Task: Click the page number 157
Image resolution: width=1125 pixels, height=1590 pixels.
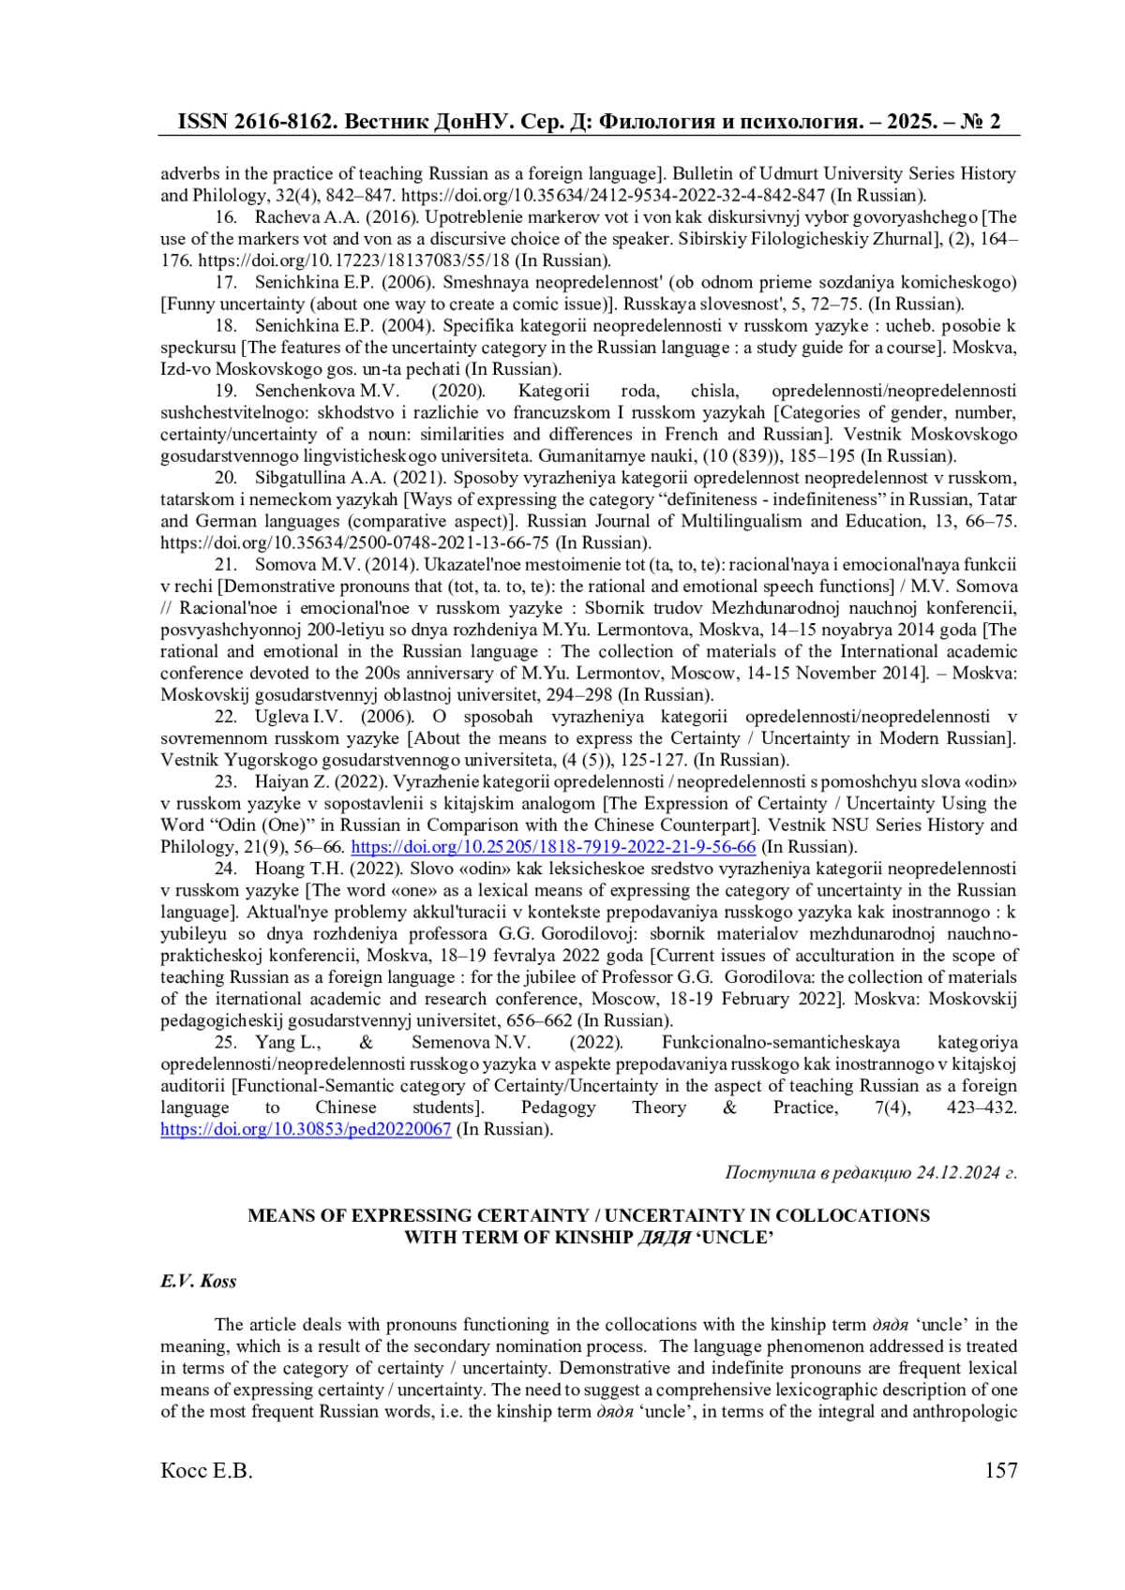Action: [1000, 1471]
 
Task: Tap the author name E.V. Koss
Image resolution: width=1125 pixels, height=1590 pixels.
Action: [198, 1281]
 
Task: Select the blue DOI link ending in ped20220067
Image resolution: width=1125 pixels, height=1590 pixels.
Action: [306, 1129]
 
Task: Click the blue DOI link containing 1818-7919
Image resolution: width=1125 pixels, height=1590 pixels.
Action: [553, 847]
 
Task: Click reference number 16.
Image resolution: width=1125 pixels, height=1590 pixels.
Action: [225, 217]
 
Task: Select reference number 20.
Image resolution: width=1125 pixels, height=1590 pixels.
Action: [225, 478]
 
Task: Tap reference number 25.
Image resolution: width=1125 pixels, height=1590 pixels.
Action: [225, 1042]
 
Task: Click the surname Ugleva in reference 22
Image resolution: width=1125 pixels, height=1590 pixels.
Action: [278, 717]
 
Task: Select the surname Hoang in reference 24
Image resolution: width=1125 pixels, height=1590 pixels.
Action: [278, 869]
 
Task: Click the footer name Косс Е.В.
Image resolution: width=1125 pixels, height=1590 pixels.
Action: [206, 1471]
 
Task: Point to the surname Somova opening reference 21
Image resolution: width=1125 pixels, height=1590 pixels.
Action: [282, 564]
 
